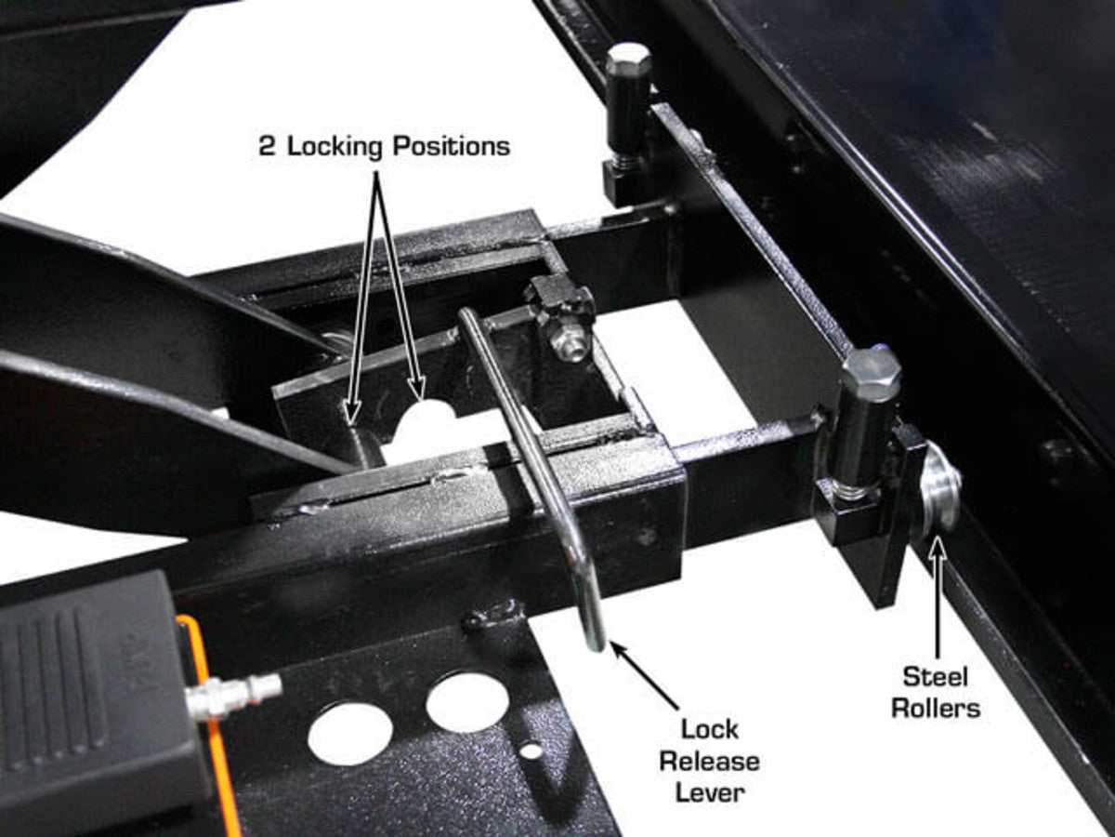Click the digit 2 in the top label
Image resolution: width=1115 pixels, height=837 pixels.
[268, 146]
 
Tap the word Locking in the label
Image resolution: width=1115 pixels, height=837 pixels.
[334, 148]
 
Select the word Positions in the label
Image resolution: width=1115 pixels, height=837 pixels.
[452, 146]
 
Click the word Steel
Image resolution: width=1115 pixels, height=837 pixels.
[935, 677]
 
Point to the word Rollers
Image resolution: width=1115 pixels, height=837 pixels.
[936, 709]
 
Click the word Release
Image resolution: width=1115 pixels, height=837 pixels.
[710, 762]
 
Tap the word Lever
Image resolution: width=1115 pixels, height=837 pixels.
[710, 793]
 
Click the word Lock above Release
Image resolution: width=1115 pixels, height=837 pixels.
[710, 730]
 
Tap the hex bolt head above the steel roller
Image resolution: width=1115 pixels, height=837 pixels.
[871, 367]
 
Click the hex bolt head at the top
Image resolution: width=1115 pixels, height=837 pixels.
[629, 61]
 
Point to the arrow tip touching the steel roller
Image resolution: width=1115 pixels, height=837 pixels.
[938, 539]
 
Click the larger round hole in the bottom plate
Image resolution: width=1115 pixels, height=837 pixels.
[350, 735]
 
